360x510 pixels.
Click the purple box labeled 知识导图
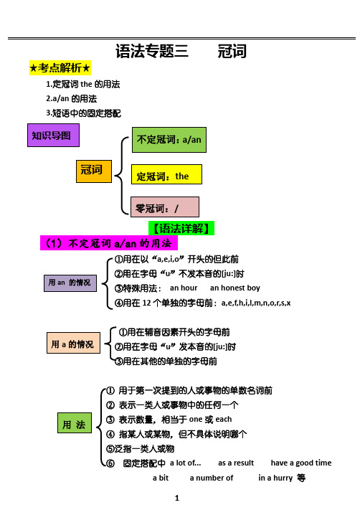click(53, 135)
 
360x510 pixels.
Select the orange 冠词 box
click(94, 171)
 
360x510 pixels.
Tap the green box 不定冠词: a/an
click(169, 140)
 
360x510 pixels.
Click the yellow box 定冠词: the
click(166, 174)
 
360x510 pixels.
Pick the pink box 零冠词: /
click(165, 207)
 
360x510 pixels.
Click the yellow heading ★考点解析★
click(60, 68)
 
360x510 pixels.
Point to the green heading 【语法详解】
click(181, 228)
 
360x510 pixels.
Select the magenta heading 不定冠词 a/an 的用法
click(109, 243)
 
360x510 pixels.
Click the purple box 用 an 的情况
click(70, 283)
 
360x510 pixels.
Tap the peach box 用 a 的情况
click(73, 343)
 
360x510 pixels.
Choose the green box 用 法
click(75, 422)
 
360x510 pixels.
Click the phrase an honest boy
click(235, 288)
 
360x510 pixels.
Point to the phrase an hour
click(184, 288)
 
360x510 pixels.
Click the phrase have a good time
click(301, 463)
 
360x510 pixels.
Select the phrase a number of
click(212, 478)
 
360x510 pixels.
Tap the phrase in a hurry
click(275, 478)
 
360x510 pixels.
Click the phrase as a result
click(236, 463)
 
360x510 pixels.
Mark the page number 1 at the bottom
click(177, 498)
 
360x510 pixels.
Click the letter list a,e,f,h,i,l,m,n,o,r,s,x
click(256, 303)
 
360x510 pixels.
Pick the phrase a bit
click(161, 478)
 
